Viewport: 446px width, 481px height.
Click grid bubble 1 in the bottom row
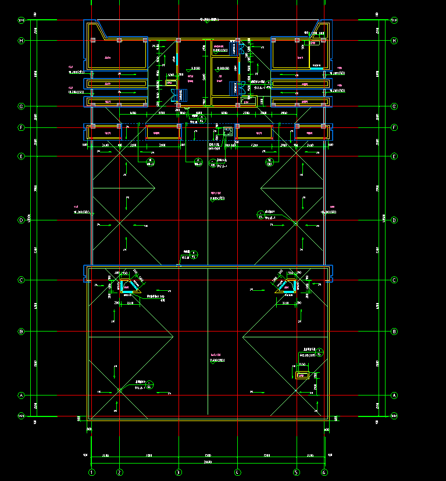pos(91,472)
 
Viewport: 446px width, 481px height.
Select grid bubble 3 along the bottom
pos(179,472)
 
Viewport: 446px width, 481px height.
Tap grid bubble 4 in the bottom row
pos(237,472)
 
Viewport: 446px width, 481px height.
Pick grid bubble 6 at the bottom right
pos(324,472)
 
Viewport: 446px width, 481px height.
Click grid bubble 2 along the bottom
pos(120,472)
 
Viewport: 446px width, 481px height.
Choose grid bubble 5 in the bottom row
pos(296,472)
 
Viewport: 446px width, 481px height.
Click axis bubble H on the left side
pos(22,41)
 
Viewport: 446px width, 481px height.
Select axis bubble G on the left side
pos(22,106)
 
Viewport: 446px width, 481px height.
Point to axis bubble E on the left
pos(22,156)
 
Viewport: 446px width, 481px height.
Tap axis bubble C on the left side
pos(22,280)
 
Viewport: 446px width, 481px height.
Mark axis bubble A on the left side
pos(22,396)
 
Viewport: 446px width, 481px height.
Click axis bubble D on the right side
pos(394,220)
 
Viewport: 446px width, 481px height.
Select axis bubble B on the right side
pos(394,332)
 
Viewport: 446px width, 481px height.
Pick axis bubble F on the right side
pos(394,127)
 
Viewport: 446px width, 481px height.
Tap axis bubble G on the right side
pos(394,106)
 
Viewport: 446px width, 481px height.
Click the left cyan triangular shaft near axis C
pos(127,286)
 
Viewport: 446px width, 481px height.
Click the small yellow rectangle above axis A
pos(302,375)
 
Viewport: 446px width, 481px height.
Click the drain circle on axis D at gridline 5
pos(295,223)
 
